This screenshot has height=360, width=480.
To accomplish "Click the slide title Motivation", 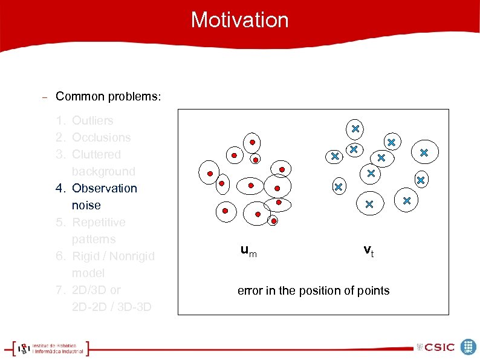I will pyautogui.click(x=239, y=20).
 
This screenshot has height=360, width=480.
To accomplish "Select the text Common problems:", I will pyautogui.click(x=108, y=97).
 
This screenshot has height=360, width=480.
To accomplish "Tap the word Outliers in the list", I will pyautogui.click(x=92, y=120).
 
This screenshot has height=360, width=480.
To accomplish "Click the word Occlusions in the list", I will pyautogui.click(x=101, y=137).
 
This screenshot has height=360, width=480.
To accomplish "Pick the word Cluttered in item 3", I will pyautogui.click(x=96, y=154).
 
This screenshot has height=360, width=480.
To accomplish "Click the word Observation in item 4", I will pyautogui.click(x=105, y=188).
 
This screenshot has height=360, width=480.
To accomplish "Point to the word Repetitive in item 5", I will pyautogui.click(x=99, y=222).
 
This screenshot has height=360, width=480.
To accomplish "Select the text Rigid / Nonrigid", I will pyautogui.click(x=113, y=256).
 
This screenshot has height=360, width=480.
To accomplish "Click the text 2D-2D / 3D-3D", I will pyautogui.click(x=111, y=307).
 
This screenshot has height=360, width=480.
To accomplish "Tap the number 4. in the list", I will pyautogui.click(x=60, y=188).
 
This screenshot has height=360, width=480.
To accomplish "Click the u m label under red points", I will pyautogui.click(x=248, y=250).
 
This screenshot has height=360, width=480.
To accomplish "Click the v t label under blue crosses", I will pyautogui.click(x=368, y=250).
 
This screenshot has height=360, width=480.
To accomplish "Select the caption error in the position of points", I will pyautogui.click(x=313, y=290).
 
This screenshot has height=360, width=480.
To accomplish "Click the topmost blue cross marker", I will pyautogui.click(x=355, y=128).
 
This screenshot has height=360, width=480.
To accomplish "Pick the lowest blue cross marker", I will pyautogui.click(x=369, y=205).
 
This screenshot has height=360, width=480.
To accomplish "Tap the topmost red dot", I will pyautogui.click(x=253, y=143).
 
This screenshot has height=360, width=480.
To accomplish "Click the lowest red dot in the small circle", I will pyautogui.click(x=273, y=221).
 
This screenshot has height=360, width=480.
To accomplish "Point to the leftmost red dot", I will pyautogui.click(x=210, y=174).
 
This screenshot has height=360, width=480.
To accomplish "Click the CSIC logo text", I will pyautogui.click(x=439, y=347).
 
